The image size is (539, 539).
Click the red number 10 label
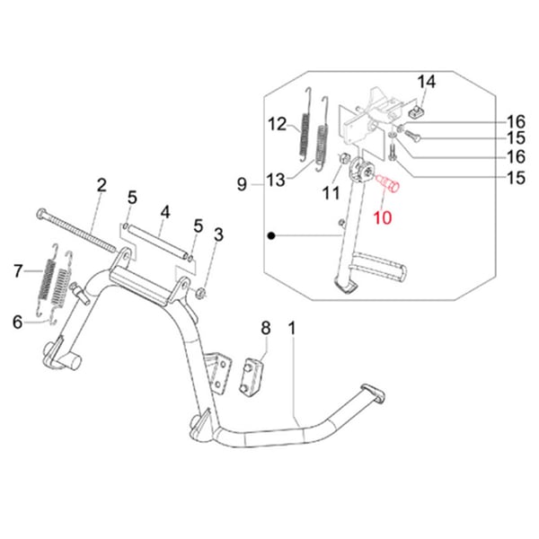[383, 216]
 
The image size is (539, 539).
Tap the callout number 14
[426, 83]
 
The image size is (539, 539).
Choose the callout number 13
[276, 181]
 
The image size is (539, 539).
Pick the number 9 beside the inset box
[241, 184]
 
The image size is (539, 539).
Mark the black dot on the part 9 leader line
[270, 236]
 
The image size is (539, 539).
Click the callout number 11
[330, 191]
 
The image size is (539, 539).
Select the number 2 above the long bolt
[102, 186]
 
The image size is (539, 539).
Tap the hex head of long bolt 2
[41, 214]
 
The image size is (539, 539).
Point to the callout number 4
[164, 213]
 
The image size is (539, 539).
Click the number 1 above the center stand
[292, 327]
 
